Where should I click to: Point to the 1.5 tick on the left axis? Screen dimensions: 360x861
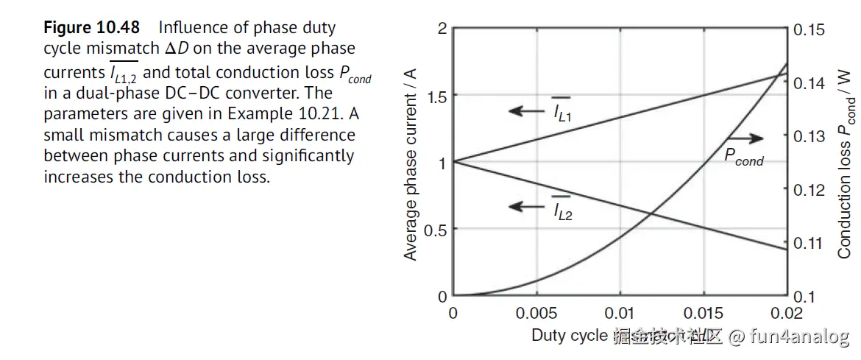(437, 96)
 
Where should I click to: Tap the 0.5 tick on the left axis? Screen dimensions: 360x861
(437, 230)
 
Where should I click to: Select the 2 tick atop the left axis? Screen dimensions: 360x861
(442, 29)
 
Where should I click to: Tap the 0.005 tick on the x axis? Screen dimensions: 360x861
(537, 312)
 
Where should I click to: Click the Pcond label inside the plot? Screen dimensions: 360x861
(743, 156)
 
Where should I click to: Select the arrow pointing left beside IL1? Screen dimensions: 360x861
(525, 111)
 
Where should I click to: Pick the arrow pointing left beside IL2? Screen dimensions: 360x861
(525, 207)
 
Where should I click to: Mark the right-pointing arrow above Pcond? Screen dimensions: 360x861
(745, 138)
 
